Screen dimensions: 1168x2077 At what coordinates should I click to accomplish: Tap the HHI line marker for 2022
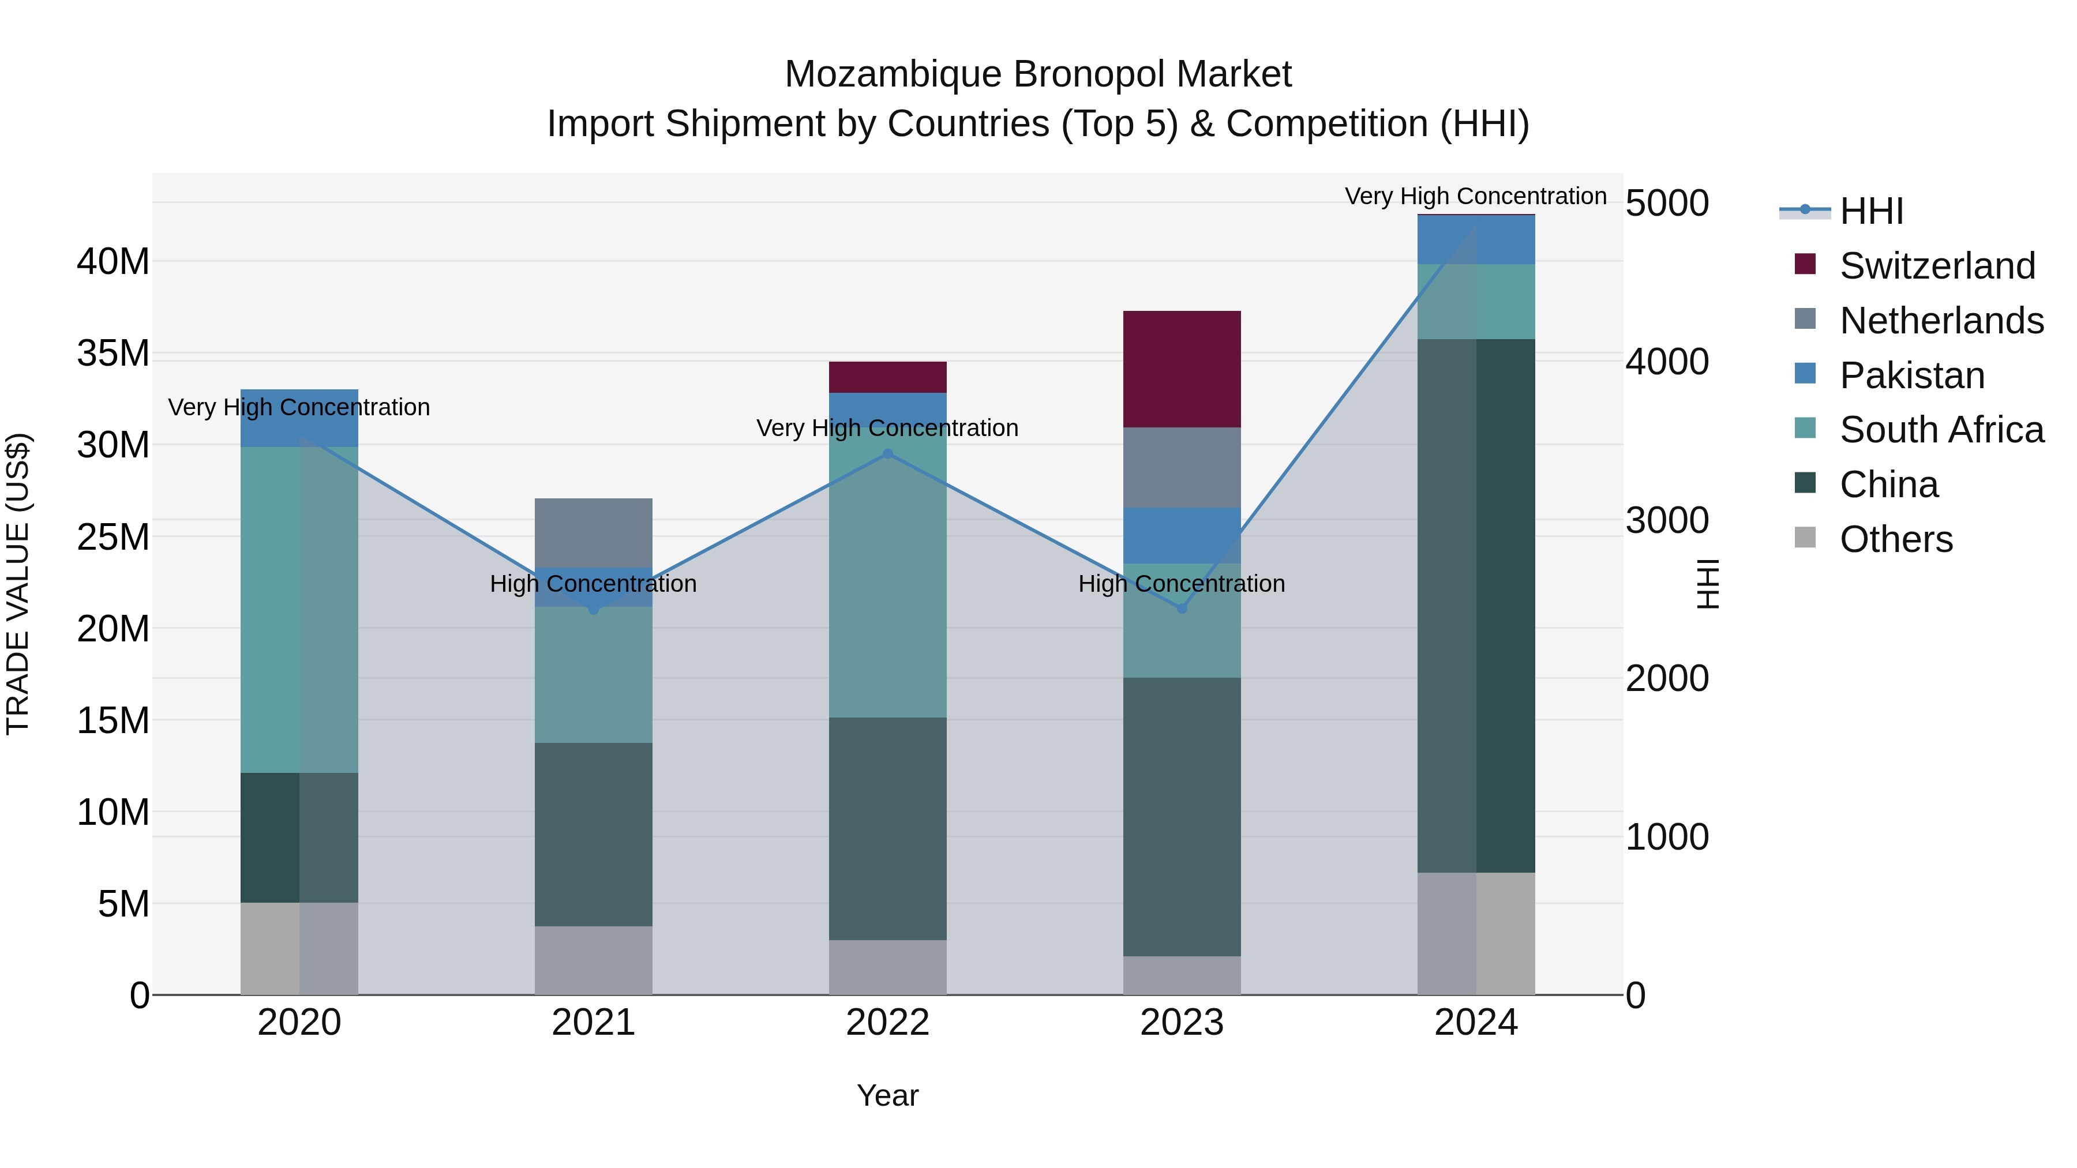pyautogui.click(x=888, y=454)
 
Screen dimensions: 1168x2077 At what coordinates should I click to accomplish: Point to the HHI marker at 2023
pyautogui.click(x=1182, y=609)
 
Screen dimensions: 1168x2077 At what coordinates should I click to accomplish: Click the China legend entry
pyautogui.click(x=1888, y=485)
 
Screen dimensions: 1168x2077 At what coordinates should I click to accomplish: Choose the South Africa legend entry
pyautogui.click(x=1941, y=430)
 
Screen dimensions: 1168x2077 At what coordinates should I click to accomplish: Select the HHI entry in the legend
pyautogui.click(x=1870, y=211)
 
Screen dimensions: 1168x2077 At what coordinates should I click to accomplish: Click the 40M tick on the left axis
pyautogui.click(x=113, y=262)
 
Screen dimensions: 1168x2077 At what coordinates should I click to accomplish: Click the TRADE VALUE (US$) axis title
pyautogui.click(x=18, y=584)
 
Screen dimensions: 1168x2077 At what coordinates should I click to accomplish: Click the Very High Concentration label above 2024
pyautogui.click(x=1475, y=196)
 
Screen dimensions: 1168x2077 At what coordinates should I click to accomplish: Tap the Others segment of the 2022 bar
pyautogui.click(x=888, y=967)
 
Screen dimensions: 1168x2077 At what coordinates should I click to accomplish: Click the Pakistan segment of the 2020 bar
pyautogui.click(x=299, y=427)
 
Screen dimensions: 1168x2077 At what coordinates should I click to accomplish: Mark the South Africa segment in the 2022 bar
pyautogui.click(x=888, y=580)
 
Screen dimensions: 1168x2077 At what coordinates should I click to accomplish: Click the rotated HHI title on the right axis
pyautogui.click(x=1708, y=584)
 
